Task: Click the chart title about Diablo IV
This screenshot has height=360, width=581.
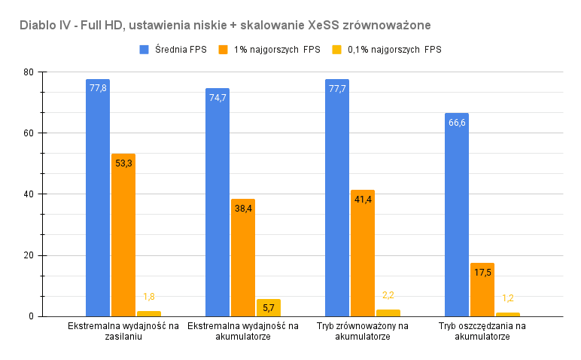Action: tap(225, 25)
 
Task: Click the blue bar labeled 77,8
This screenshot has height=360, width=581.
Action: tap(98, 197)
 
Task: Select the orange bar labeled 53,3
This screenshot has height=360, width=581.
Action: tap(123, 235)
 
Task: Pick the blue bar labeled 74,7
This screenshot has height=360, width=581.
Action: tap(217, 202)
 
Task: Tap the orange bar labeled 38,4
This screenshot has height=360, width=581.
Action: tap(243, 258)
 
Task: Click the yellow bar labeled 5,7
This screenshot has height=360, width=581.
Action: tap(269, 307)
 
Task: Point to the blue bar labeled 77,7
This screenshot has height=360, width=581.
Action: tap(337, 197)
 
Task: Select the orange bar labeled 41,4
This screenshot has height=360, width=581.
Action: tap(363, 253)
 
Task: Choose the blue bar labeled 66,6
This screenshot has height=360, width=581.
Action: tap(457, 215)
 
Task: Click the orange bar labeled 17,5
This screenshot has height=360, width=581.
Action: tap(482, 289)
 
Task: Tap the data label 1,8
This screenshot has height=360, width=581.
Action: tap(149, 297)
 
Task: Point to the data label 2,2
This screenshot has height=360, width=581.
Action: tap(388, 295)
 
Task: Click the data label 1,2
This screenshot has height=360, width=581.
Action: tap(508, 298)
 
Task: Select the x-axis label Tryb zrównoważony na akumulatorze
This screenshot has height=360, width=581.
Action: tap(363, 331)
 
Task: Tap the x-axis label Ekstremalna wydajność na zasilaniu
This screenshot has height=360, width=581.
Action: tap(123, 331)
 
